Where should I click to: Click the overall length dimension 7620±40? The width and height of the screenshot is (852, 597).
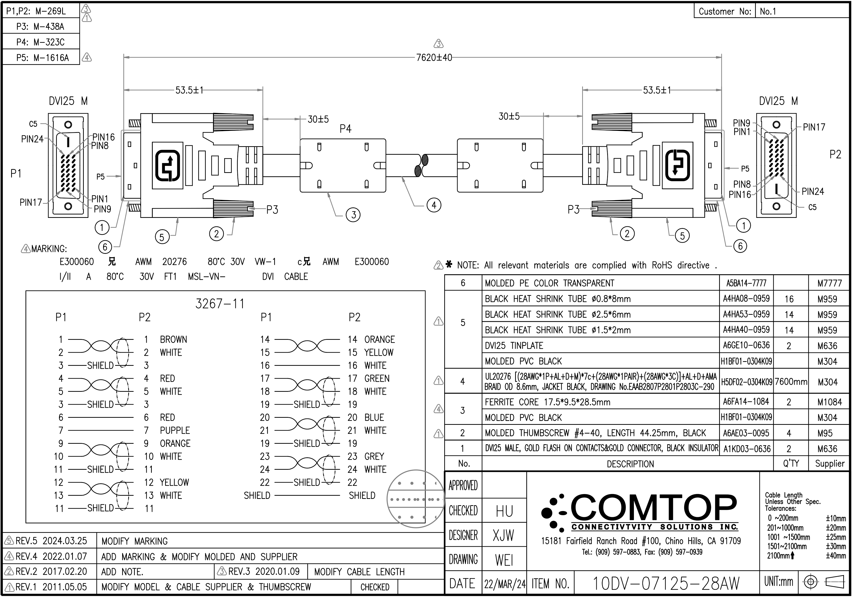(434, 58)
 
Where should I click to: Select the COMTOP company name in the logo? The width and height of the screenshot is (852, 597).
(653, 507)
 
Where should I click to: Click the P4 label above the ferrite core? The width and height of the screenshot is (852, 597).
(345, 129)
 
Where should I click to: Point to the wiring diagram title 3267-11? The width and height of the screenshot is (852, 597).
(220, 304)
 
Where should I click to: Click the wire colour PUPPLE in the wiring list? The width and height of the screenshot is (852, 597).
(175, 430)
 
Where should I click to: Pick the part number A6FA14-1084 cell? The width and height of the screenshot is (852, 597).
(746, 401)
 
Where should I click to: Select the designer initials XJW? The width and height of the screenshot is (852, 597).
(503, 535)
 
